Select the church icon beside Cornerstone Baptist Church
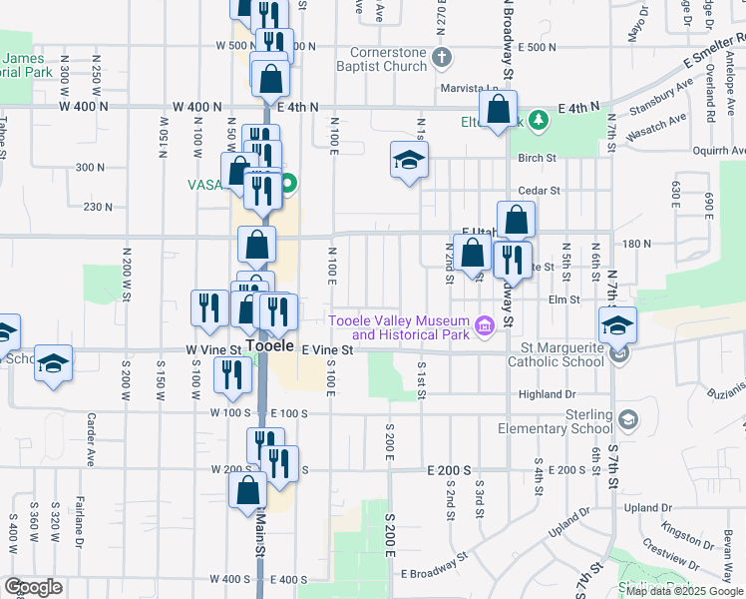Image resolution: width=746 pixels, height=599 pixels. (x=444, y=58)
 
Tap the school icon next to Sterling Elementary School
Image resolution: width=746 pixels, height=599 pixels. (x=627, y=416)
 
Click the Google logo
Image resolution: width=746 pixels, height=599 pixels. (x=33, y=587)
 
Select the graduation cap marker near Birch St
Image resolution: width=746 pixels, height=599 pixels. (x=408, y=160)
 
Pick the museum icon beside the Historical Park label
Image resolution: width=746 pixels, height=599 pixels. (x=485, y=325)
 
